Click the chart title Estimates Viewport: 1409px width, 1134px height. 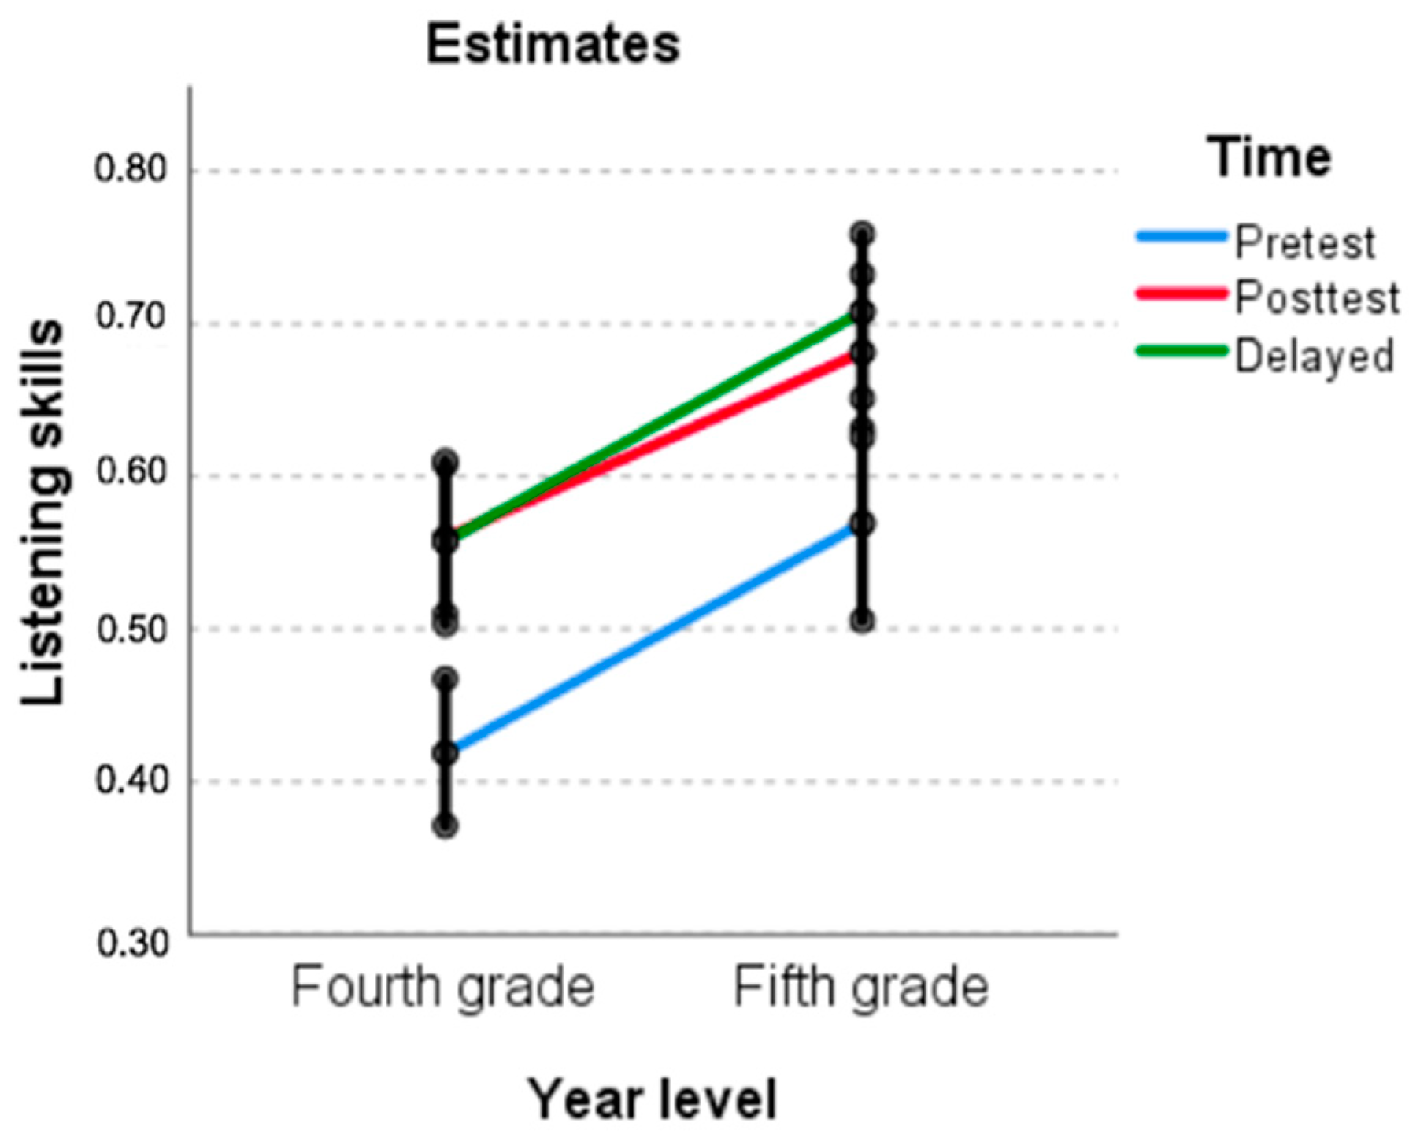pyautogui.click(x=553, y=45)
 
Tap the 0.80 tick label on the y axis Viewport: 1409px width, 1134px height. pyautogui.click(x=131, y=170)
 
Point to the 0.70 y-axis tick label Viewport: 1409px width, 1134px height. pyautogui.click(x=131, y=317)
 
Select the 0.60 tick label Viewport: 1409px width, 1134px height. pyautogui.click(x=131, y=472)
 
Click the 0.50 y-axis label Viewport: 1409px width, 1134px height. pyautogui.click(x=131, y=629)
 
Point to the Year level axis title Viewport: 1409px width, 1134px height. pyautogui.click(x=652, y=1099)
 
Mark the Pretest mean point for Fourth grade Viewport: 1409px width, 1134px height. pyautogui.click(x=446, y=753)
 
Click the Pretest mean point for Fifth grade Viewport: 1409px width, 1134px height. pyautogui.click(x=863, y=524)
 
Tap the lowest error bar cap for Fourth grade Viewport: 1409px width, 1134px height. pyautogui.click(x=446, y=826)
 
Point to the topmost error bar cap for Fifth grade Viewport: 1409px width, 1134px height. pyautogui.click(x=863, y=234)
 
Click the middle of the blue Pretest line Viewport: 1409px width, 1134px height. pyautogui.click(x=654, y=638)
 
